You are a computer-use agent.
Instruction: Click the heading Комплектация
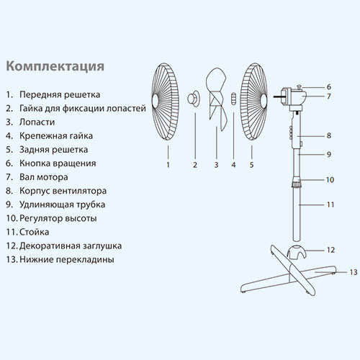coord(55,66)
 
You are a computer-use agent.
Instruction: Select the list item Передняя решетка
coord(60,94)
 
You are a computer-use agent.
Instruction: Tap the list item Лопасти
coord(37,122)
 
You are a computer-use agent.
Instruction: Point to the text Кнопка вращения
coord(58,163)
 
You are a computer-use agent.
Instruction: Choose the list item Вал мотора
coord(44,177)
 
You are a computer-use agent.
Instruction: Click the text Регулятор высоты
coord(58,218)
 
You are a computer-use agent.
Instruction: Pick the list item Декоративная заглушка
coord(71,246)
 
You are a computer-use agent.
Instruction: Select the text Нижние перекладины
coord(67,259)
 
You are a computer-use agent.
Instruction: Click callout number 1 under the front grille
coord(168,165)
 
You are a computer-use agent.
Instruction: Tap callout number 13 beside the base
coord(354,272)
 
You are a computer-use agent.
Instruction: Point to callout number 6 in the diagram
coord(329,87)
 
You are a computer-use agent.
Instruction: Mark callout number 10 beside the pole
coord(330,180)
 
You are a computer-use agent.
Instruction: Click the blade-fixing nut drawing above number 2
coord(194,98)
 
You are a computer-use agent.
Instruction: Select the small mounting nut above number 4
coord(233,99)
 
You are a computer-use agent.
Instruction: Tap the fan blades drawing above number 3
coord(217,99)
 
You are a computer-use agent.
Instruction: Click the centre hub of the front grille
coord(155,100)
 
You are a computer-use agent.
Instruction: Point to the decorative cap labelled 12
coord(297,251)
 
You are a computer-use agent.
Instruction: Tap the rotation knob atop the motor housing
coord(300,86)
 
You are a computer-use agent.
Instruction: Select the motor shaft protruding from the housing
coord(277,96)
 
